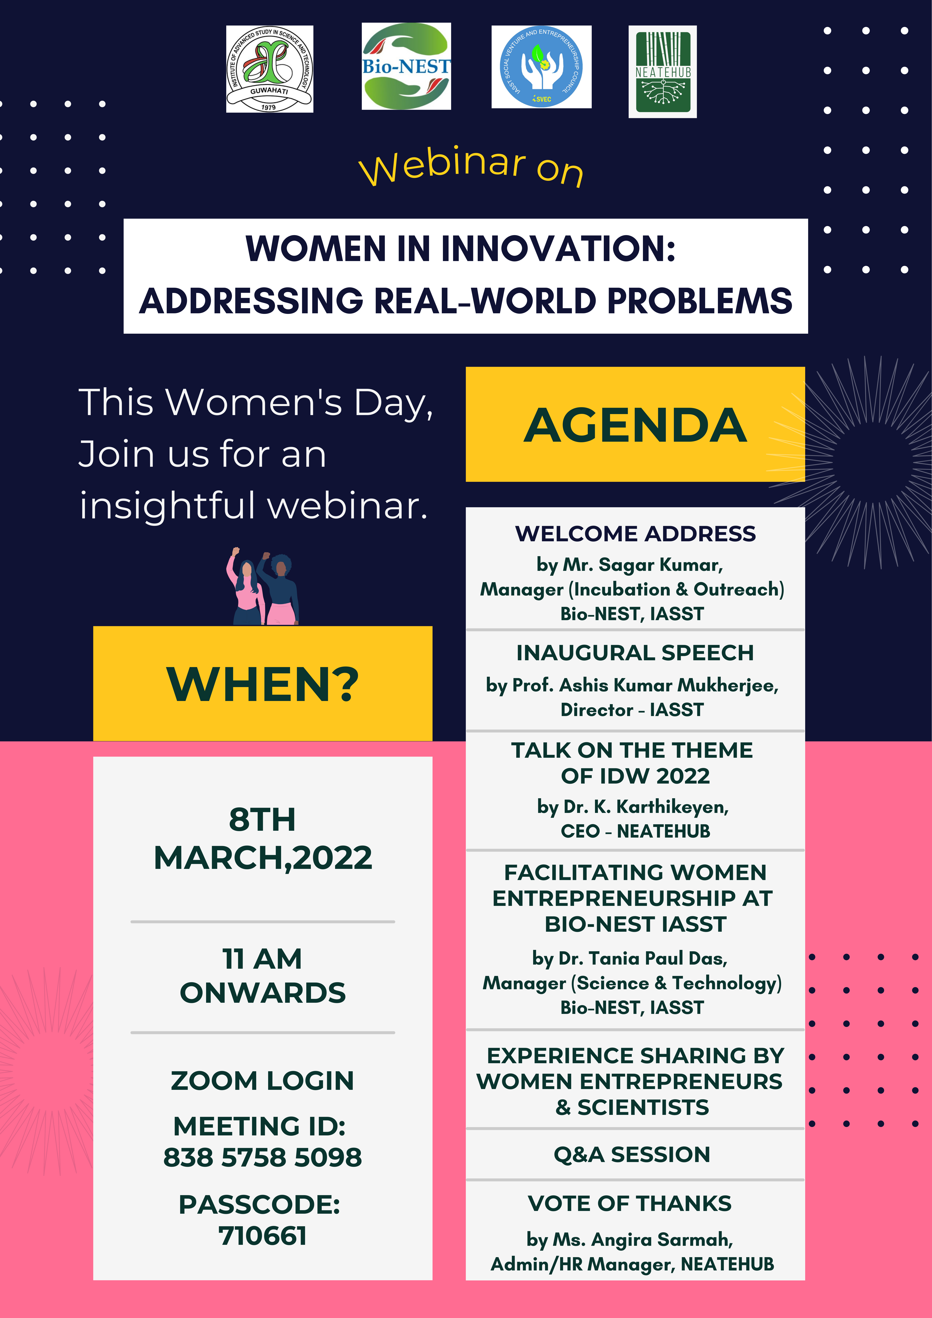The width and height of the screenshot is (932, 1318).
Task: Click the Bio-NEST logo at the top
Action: click(x=406, y=66)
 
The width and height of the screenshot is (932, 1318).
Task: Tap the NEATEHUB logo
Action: click(x=663, y=72)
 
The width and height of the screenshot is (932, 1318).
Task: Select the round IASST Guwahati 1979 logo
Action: click(x=269, y=69)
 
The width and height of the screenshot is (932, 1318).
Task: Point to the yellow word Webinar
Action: click(x=442, y=167)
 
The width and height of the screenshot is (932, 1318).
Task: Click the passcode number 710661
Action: click(x=262, y=1236)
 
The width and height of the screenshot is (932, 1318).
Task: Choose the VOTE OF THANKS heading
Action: click(x=630, y=1203)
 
